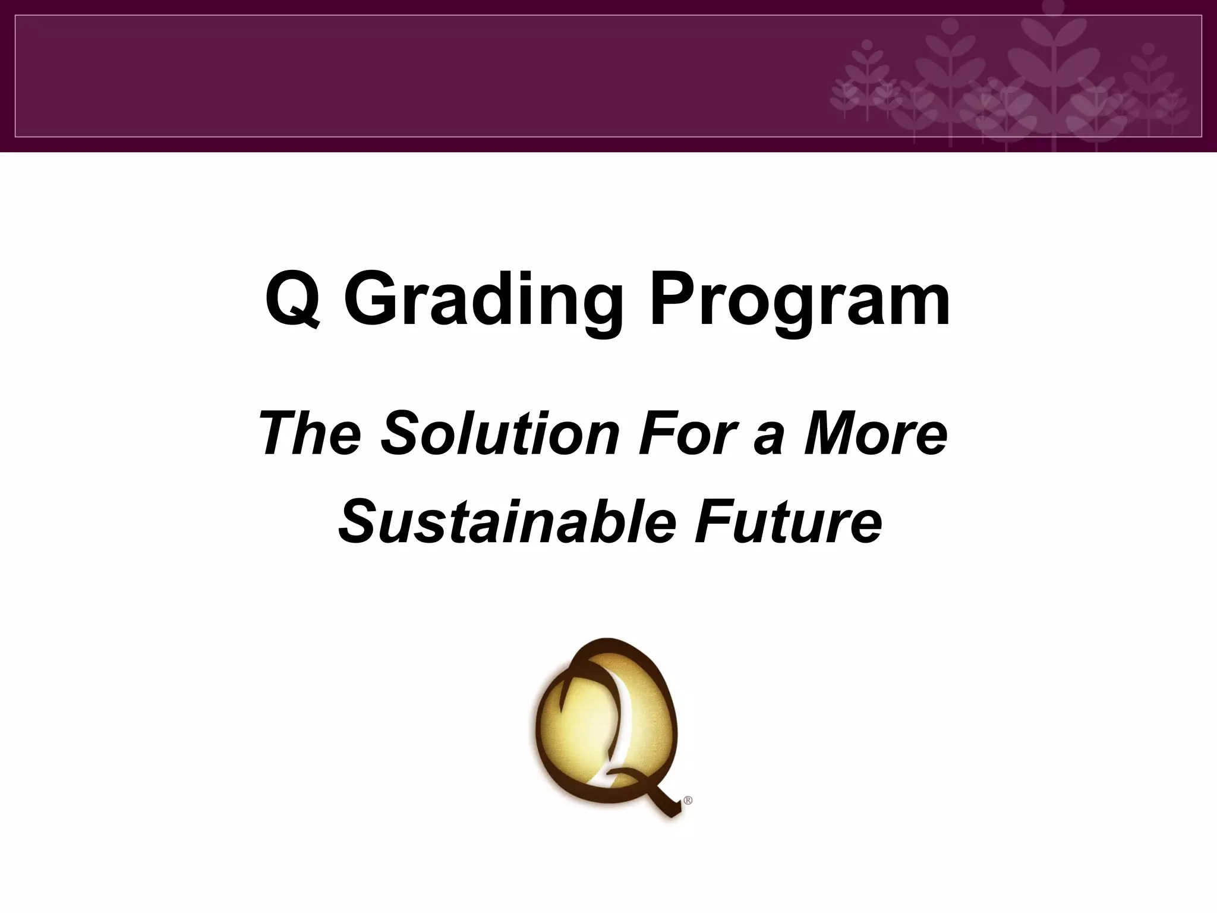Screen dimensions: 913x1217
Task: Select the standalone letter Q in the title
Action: pyautogui.click(x=294, y=299)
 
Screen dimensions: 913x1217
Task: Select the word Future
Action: pyautogui.click(x=788, y=521)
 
